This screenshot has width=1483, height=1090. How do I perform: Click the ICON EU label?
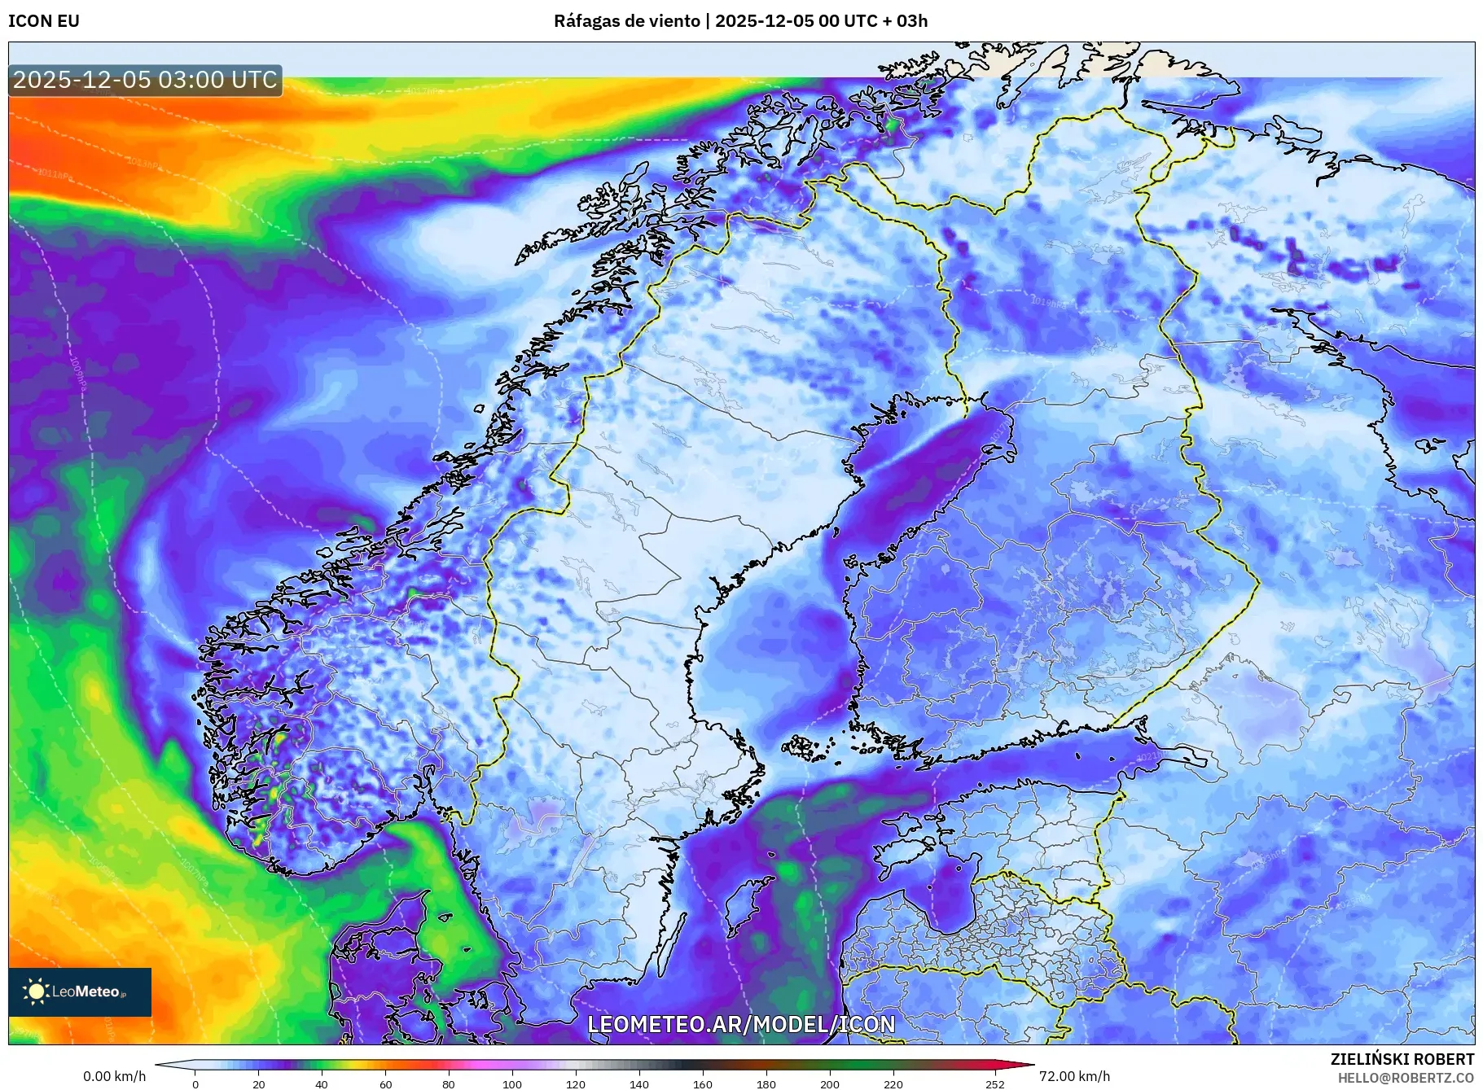click(44, 21)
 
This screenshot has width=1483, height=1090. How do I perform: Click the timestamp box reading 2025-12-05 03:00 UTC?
click(145, 80)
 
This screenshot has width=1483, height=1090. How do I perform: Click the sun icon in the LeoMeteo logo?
click(36, 991)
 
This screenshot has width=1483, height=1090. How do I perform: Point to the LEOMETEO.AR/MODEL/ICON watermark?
click(741, 1024)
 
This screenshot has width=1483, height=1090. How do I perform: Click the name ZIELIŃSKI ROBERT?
click(1402, 1059)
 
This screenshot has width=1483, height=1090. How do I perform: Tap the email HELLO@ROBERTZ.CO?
click(1406, 1078)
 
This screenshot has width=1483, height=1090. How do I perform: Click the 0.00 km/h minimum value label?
click(114, 1076)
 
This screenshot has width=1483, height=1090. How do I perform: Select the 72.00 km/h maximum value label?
click(1074, 1076)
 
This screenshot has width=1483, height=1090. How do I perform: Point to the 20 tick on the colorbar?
click(259, 1084)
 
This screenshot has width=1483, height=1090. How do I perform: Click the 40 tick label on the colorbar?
click(322, 1084)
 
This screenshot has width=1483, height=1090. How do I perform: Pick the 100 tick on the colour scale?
click(512, 1084)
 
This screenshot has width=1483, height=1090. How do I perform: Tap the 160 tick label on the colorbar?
click(703, 1084)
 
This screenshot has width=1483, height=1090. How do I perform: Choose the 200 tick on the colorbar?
click(830, 1084)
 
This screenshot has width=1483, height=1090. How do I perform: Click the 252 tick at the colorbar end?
click(994, 1084)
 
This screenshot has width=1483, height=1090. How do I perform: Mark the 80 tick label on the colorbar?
click(449, 1084)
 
